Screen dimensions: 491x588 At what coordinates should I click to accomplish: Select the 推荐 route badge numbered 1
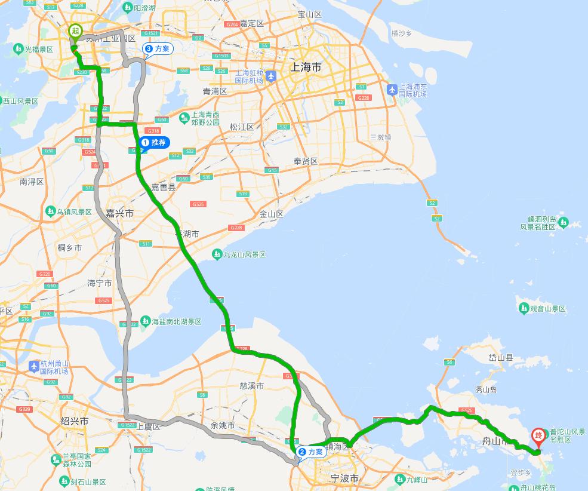(153, 143)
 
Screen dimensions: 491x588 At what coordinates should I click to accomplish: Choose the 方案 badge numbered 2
(310, 452)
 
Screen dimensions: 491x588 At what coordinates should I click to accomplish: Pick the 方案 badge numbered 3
(157, 49)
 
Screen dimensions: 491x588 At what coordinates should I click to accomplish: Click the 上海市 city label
(306, 67)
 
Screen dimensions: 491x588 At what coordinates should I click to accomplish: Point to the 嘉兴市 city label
(119, 213)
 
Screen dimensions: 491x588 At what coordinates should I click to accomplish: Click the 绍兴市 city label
(75, 421)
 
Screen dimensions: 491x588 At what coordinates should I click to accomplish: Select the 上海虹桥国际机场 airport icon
(272, 76)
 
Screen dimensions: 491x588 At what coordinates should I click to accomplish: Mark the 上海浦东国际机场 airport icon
(392, 90)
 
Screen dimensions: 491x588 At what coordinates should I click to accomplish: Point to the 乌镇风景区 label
(74, 212)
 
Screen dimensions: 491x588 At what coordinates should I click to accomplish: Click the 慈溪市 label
(251, 386)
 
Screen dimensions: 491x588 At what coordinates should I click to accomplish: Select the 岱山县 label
(501, 358)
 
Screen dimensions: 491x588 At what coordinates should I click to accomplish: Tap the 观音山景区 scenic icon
(524, 308)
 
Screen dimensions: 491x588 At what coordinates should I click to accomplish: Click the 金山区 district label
(272, 214)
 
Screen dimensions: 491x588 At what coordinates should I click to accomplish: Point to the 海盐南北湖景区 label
(176, 322)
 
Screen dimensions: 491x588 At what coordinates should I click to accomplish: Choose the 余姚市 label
(223, 426)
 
